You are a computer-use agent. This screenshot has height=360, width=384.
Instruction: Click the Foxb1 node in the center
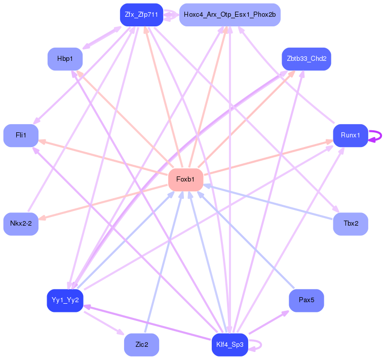(x=185, y=179)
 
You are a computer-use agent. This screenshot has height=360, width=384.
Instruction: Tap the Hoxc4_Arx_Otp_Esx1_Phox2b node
(x=229, y=15)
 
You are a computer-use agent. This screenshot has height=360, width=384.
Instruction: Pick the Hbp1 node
(x=65, y=59)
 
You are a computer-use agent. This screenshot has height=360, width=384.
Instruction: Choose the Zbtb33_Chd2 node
(x=306, y=59)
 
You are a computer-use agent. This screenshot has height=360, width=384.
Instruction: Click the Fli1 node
(x=21, y=135)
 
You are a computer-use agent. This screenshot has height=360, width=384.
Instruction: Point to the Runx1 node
(x=350, y=135)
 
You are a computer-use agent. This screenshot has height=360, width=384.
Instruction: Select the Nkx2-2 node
(x=21, y=224)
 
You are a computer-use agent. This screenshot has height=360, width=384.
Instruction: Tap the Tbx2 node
(x=350, y=224)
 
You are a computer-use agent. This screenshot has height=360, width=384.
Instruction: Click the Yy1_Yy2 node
(x=65, y=300)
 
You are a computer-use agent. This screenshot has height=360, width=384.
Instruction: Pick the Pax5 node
(x=306, y=300)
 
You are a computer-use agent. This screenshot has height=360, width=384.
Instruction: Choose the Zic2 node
(x=141, y=345)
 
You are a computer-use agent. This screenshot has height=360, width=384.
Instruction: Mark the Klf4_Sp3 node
(x=229, y=345)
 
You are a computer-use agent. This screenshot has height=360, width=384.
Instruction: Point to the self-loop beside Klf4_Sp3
(x=258, y=345)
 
